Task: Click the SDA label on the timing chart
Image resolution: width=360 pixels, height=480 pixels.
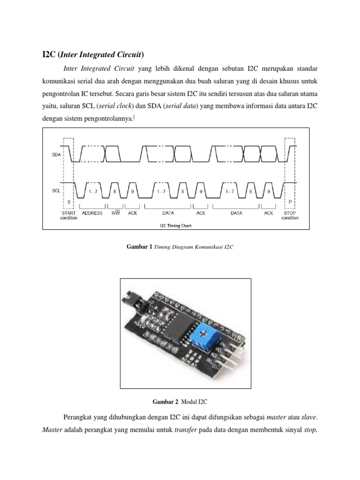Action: click(56, 155)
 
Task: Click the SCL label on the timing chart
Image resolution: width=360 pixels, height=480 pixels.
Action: click(56, 191)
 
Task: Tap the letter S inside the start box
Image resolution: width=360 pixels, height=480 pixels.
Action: click(68, 201)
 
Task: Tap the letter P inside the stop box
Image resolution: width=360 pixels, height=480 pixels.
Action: click(290, 201)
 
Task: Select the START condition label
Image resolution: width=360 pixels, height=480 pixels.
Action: click(68, 215)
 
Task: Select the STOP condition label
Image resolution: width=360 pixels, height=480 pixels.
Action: click(290, 215)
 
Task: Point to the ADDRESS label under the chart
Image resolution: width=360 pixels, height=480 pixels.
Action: click(92, 213)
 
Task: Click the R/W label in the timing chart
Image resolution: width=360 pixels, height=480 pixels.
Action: click(115, 213)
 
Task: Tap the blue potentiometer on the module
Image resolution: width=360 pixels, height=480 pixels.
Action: click(200, 336)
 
